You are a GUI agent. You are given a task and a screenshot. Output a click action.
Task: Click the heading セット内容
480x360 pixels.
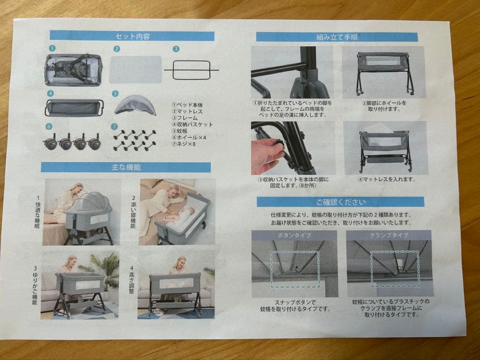pyautogui.click(x=132, y=36)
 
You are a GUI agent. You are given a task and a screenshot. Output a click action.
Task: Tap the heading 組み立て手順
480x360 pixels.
pyautogui.click(x=337, y=37)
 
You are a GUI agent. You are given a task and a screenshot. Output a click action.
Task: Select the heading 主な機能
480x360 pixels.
pyautogui.click(x=126, y=168)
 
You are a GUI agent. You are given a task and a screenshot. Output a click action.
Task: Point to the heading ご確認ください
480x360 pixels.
pyautogui.click(x=341, y=202)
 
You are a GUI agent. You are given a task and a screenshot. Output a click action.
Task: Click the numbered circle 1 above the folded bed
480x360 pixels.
pyautogui.click(x=52, y=48)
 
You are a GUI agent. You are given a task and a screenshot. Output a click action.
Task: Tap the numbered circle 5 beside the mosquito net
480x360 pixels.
pyautogui.click(x=115, y=93)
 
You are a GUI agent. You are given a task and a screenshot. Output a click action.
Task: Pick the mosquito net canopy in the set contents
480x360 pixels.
pyautogui.click(x=135, y=105)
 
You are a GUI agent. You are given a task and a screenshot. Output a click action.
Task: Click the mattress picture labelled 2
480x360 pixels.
pyautogui.click(x=135, y=69)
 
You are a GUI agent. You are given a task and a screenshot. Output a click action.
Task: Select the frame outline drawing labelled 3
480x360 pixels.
pyautogui.click(x=192, y=70)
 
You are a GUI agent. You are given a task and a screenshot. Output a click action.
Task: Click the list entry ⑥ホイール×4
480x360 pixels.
pyautogui.click(x=189, y=137)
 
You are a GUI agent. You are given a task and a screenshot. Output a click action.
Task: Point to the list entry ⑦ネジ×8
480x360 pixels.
pyautogui.click(x=184, y=144)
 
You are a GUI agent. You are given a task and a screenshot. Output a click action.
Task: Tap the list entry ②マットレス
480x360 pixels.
pyautogui.click(x=187, y=112)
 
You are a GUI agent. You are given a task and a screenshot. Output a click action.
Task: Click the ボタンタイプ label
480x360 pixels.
pyautogui.click(x=294, y=236)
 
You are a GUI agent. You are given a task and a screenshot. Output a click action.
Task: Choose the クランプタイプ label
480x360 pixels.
pyautogui.click(x=389, y=235)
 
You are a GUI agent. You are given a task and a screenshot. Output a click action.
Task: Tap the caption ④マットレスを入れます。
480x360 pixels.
pyautogui.click(x=387, y=180)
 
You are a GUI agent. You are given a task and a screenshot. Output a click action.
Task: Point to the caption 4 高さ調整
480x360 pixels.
pyautogui.click(x=131, y=280)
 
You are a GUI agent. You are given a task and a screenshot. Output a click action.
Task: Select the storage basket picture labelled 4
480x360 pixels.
pyautogui.click(x=75, y=108)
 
